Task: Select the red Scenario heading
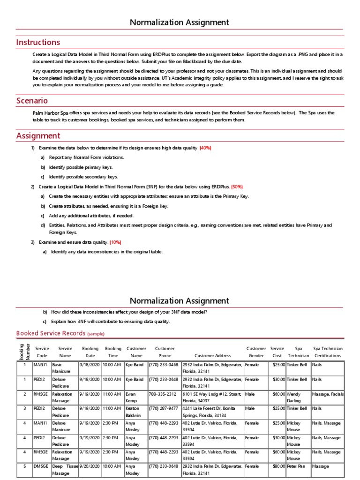pyautogui.click(x=32, y=100)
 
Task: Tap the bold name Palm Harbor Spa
pyautogui.click(x=50, y=113)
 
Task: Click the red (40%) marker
pyautogui.click(x=205, y=148)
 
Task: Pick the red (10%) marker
pyautogui.click(x=115, y=242)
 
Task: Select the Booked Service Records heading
pyautogui.click(x=51, y=333)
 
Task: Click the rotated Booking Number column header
pyautogui.click(x=22, y=352)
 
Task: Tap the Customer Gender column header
pyautogui.click(x=255, y=352)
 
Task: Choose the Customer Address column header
pyautogui.click(x=212, y=356)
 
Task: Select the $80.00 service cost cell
pyautogui.click(x=277, y=466)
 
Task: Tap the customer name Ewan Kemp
pyautogui.click(x=131, y=397)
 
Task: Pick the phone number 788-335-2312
pyautogui.click(x=162, y=394)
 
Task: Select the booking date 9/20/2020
pyautogui.click(x=89, y=466)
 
